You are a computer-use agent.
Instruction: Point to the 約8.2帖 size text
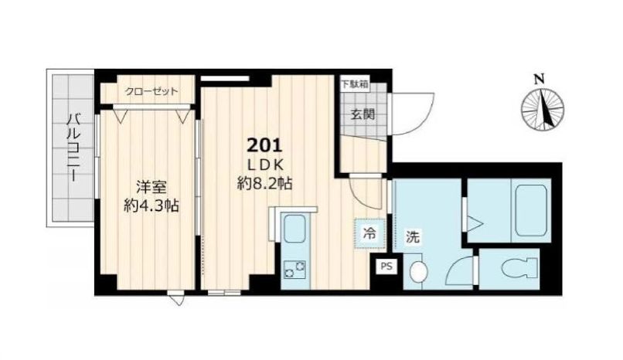(265, 185)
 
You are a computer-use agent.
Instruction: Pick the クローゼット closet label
(151, 92)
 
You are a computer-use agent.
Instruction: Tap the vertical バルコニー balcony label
(74, 147)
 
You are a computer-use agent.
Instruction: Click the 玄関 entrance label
(363, 115)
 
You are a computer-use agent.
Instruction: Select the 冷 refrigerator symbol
(369, 232)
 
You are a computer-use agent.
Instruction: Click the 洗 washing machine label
(414, 237)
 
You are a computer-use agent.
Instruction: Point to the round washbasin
(419, 271)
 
